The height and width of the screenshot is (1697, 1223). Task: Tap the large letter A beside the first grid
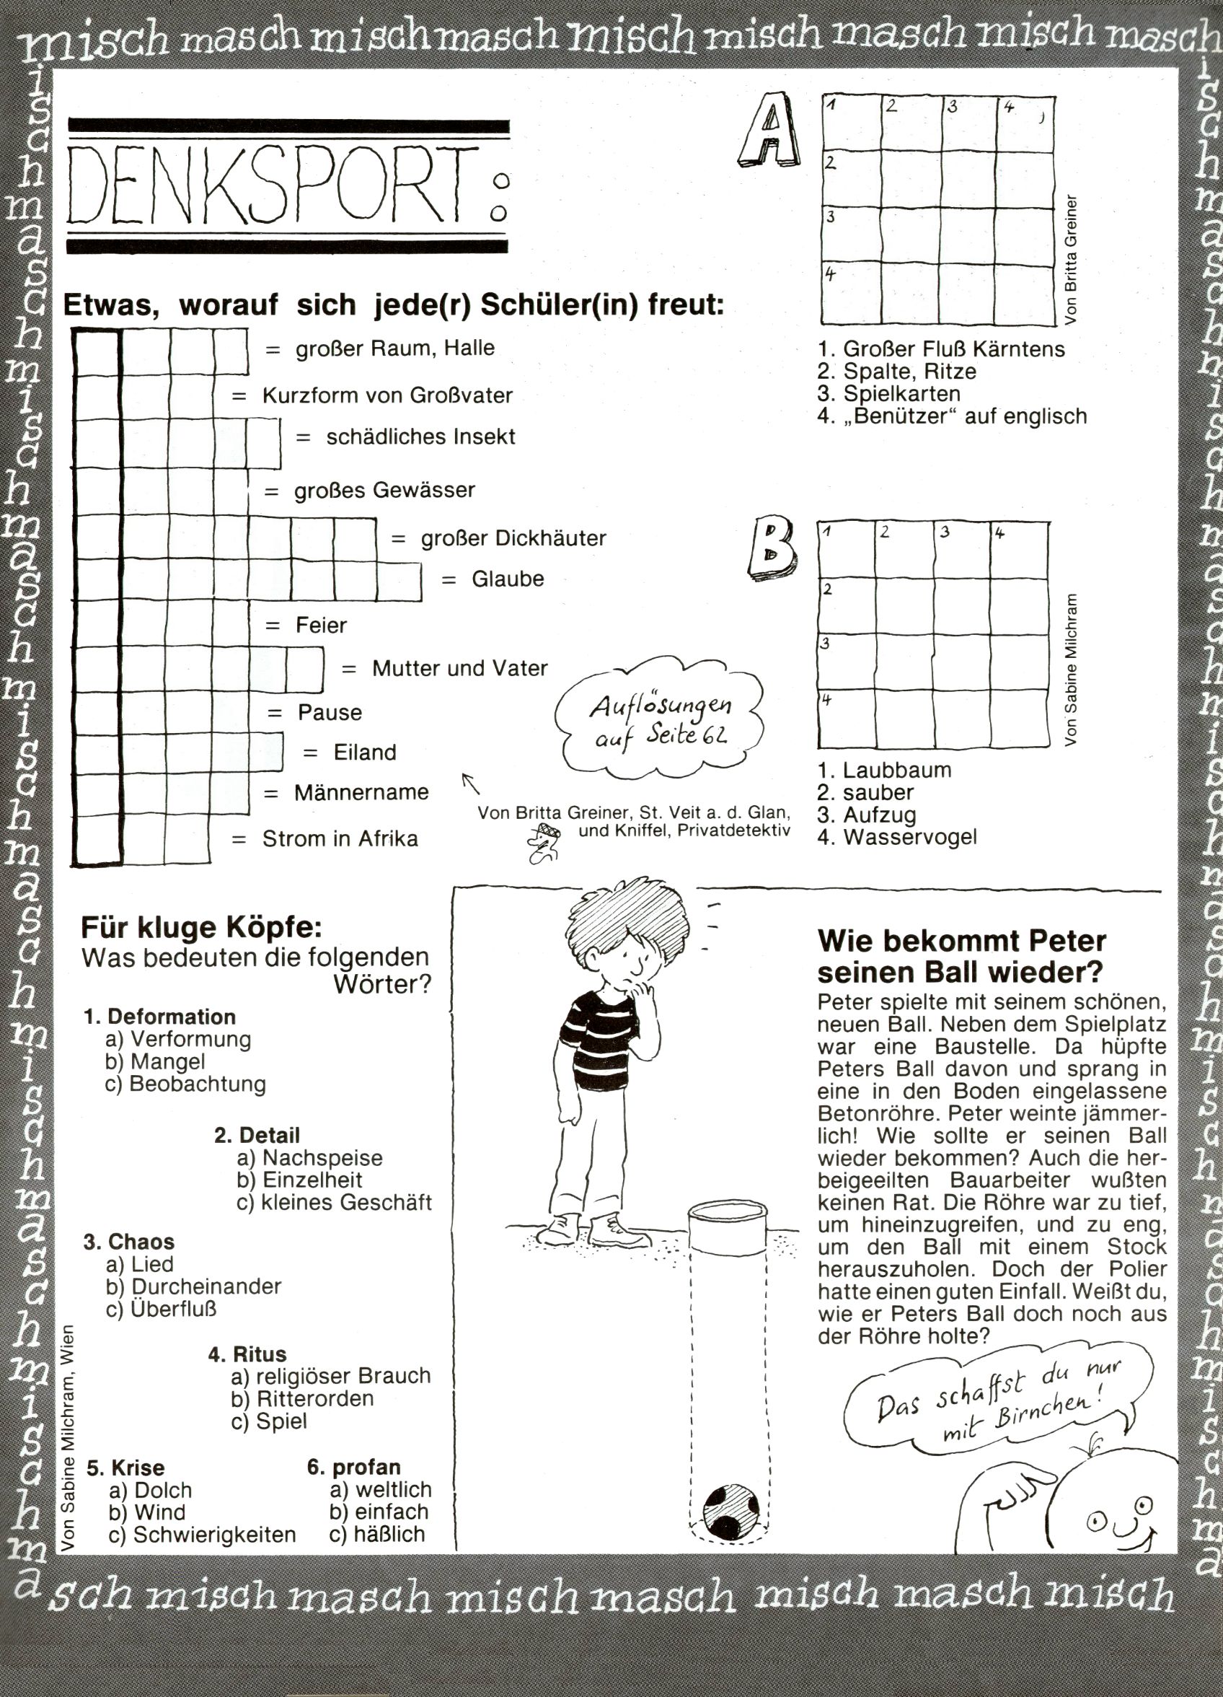coord(768,131)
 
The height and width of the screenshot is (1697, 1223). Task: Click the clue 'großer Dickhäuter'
coord(513,539)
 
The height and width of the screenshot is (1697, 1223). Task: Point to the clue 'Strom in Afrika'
coord(340,839)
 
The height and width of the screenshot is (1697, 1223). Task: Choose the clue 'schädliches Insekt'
coord(420,437)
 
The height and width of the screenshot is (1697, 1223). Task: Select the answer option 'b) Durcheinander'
coord(194,1286)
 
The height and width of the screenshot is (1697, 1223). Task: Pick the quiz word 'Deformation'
coord(172,1017)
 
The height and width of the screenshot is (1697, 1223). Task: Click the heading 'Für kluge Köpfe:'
coord(201,928)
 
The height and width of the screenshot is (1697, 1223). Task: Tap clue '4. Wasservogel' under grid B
coord(897,837)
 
